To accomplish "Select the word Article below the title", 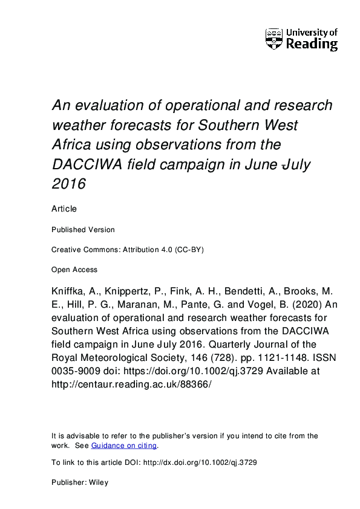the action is [x=64, y=209].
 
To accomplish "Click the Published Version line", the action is [x=83, y=230].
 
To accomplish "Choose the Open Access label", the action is [x=74, y=270].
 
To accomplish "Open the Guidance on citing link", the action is [x=124, y=446].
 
